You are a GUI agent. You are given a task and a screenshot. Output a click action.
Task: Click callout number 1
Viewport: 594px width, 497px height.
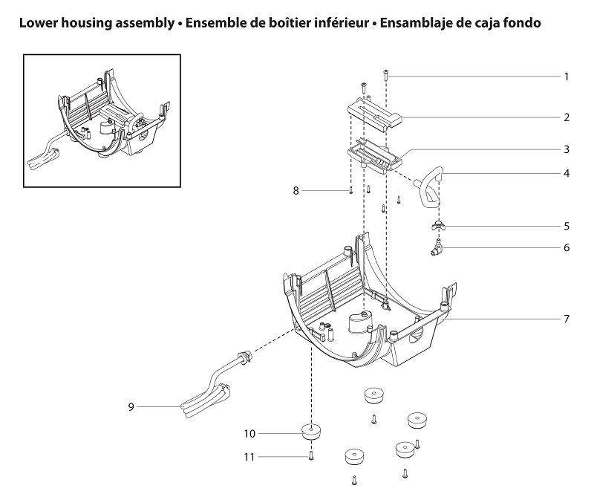coord(567,77)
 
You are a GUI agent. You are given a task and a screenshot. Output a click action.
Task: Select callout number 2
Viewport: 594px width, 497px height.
coord(567,117)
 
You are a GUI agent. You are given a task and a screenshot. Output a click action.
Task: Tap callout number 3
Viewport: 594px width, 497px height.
coord(567,149)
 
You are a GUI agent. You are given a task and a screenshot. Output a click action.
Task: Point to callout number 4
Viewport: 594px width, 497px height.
coord(567,174)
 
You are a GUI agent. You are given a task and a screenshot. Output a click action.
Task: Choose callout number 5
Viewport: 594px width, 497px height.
coord(567,225)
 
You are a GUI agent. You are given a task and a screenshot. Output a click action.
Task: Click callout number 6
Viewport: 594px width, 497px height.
coord(567,247)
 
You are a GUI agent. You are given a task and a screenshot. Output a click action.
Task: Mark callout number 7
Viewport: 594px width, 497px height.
coord(567,319)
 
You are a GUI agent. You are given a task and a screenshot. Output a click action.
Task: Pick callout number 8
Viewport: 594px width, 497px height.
coord(296,191)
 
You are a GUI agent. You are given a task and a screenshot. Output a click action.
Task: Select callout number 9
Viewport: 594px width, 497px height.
coord(131,406)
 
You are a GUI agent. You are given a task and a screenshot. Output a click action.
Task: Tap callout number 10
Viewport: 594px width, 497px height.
coord(249,432)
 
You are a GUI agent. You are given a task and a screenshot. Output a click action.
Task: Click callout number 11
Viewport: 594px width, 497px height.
coord(249,457)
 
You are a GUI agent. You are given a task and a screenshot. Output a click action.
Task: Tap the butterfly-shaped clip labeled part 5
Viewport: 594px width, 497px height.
coord(438,225)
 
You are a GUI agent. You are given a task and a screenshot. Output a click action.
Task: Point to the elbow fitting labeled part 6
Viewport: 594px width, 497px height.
coord(434,247)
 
